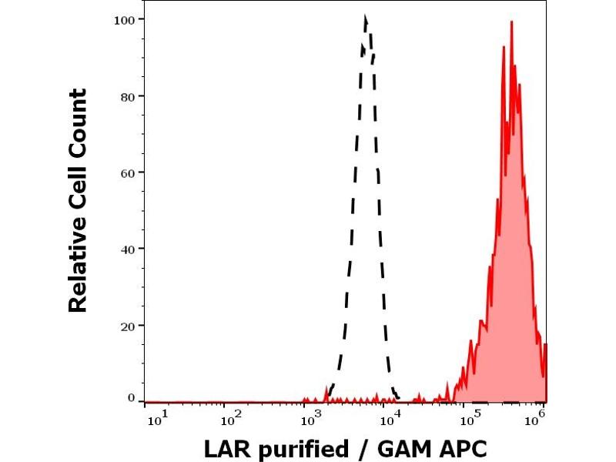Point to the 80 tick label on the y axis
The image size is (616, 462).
tap(127, 96)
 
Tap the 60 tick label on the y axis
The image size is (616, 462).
tap(127, 172)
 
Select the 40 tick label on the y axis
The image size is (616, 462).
tap(127, 249)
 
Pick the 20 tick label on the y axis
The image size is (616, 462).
tap(127, 326)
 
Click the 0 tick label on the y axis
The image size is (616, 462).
tap(131, 398)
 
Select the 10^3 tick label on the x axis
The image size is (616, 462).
tap(310, 418)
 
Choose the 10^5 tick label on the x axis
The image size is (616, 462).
tap(467, 418)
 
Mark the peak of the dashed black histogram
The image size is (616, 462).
tap(365, 16)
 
